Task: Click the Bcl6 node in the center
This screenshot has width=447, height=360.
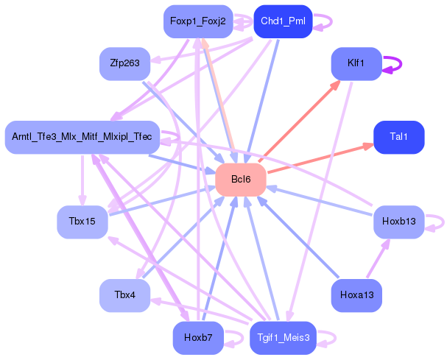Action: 240,180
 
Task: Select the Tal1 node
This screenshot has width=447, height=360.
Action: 398,137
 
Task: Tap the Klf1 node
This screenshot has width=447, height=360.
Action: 356,64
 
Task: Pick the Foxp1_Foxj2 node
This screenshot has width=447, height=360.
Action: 197,21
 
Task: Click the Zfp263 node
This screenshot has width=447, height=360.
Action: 124,64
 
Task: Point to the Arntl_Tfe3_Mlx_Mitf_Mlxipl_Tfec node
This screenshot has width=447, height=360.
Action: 82,137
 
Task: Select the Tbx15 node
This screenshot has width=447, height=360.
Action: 82,222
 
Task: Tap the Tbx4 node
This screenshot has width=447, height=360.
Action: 124,294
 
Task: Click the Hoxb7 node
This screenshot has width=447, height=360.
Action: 197,338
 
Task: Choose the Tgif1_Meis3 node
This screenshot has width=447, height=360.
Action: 284,338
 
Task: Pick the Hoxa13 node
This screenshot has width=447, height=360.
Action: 356,294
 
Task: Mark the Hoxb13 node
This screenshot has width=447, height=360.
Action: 398,222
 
